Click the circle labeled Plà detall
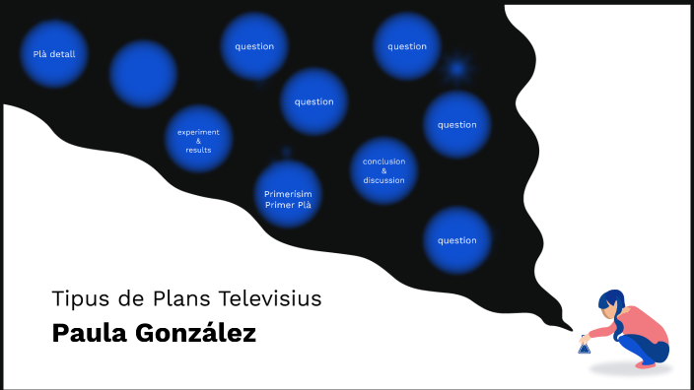(54, 54)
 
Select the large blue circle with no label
(143, 74)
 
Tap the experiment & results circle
(199, 141)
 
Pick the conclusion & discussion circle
(383, 170)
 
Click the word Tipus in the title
(76, 297)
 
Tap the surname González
(197, 333)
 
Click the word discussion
(383, 180)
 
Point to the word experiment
(199, 132)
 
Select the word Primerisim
(288, 193)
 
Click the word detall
(64, 54)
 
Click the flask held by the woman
(585, 346)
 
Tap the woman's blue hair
(610, 299)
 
